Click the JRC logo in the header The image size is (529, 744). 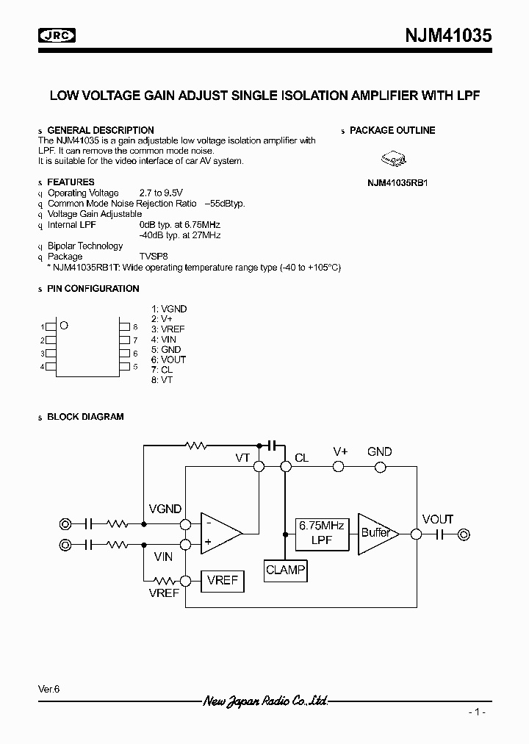(x=60, y=36)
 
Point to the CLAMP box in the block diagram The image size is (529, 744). (x=285, y=570)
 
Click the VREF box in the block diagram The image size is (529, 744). (x=222, y=580)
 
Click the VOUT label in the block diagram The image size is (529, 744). (x=437, y=519)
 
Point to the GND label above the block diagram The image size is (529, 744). (x=379, y=451)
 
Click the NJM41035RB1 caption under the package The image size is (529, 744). (x=397, y=182)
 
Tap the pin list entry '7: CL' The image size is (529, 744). (x=162, y=369)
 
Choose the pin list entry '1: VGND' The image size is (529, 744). (x=169, y=309)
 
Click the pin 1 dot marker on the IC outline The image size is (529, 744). (x=64, y=325)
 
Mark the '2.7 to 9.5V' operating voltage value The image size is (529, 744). (x=162, y=193)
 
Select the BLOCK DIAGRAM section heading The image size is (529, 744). (x=85, y=417)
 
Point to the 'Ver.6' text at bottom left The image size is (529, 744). (x=48, y=689)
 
